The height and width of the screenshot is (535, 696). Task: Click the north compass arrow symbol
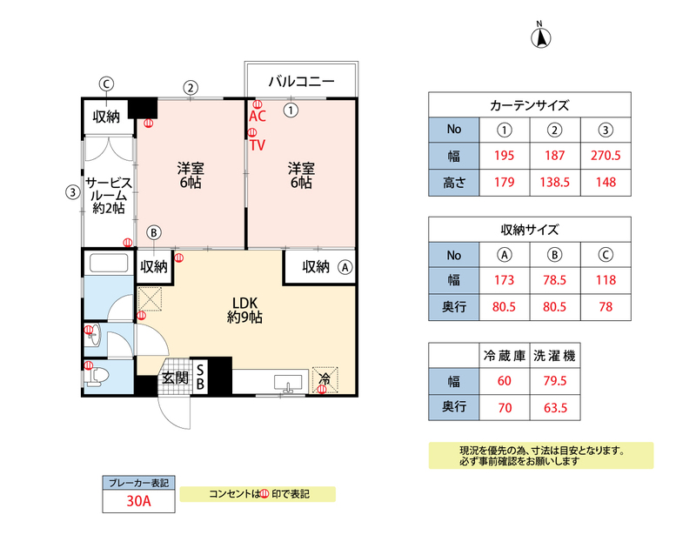[540, 37]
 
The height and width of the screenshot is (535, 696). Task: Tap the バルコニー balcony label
[301, 82]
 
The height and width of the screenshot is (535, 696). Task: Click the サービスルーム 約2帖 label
[108, 196]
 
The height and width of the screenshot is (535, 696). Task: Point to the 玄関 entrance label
[175, 378]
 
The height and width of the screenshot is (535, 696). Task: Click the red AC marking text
[258, 115]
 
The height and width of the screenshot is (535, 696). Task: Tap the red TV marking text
[258, 145]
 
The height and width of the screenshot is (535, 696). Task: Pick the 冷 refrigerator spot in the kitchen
[324, 378]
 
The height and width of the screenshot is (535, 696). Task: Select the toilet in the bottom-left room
[97, 376]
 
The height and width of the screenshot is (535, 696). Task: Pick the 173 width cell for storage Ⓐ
[505, 280]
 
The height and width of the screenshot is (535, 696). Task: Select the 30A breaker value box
[139, 500]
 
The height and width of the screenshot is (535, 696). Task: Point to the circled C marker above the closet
[106, 84]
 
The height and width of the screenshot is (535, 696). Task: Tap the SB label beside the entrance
[199, 377]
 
